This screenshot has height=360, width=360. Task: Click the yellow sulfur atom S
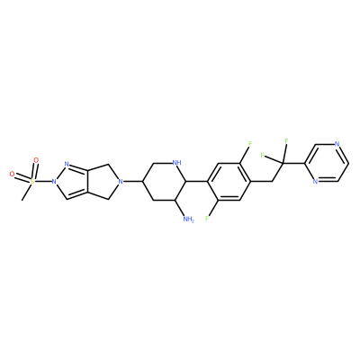tap(32, 181)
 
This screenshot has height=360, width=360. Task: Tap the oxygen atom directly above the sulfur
tap(36, 160)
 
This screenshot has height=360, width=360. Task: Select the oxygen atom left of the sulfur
tap(13, 174)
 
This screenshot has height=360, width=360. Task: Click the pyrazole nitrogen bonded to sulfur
tap(54, 181)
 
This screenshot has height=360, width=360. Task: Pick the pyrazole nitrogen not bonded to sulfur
tap(67, 164)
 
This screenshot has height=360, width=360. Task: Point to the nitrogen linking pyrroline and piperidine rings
tap(121, 181)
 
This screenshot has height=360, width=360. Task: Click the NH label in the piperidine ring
tap(177, 163)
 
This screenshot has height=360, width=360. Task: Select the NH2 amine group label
tap(188, 220)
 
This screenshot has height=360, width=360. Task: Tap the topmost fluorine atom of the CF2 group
tap(286, 140)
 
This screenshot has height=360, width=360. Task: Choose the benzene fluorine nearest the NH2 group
tap(207, 219)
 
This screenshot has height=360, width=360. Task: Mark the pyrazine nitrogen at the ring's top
tap(337, 144)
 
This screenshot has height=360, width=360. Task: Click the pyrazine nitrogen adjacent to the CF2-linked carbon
tap(315, 182)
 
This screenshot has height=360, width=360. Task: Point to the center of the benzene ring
tap(229, 181)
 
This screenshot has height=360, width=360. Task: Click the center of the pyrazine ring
tap(326, 163)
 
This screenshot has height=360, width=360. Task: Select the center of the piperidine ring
tap(165, 181)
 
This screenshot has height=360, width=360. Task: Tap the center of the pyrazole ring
tap(71, 182)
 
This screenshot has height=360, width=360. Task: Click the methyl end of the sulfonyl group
tap(22, 200)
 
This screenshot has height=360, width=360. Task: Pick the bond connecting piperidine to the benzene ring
tap(197, 181)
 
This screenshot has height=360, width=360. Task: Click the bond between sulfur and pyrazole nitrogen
tap(43, 181)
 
